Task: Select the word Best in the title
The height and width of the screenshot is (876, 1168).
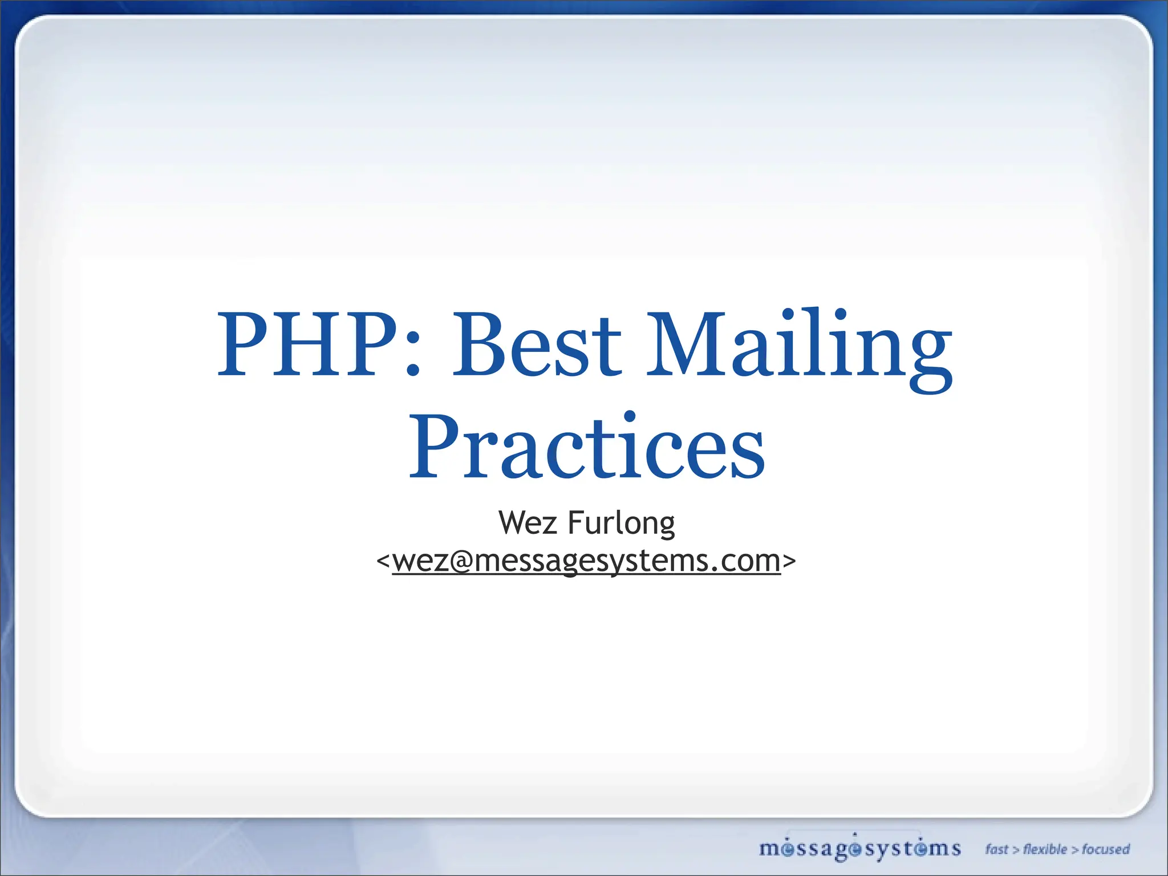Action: tap(537, 345)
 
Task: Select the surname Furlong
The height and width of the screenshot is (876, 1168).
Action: tap(621, 524)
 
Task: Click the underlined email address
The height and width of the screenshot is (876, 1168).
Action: tap(586, 561)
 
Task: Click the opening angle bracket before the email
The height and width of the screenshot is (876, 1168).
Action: tap(383, 561)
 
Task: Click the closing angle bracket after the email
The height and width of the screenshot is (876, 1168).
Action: tap(789, 561)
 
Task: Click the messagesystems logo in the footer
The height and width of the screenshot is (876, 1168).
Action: tap(859, 849)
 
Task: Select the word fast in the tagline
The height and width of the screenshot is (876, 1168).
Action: tap(996, 849)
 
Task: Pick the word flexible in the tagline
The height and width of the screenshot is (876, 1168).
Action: tap(1045, 849)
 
